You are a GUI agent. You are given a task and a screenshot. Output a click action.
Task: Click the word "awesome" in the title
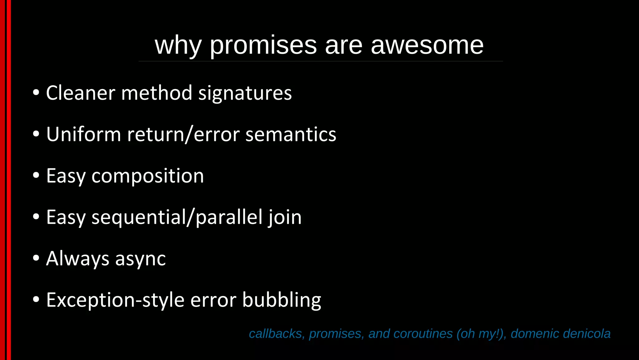pyautogui.click(x=427, y=45)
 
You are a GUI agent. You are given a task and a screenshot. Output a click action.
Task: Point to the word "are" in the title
pyautogui.click(x=344, y=46)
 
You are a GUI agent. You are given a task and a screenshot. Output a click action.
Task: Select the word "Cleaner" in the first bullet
pyautogui.click(x=80, y=93)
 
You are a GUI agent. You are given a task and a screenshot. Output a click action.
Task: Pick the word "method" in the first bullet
pyautogui.click(x=157, y=93)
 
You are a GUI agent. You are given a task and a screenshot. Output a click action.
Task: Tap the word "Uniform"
pyautogui.click(x=83, y=134)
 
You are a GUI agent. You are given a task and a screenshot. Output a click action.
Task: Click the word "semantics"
pyautogui.click(x=291, y=134)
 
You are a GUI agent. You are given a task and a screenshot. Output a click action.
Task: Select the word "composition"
pyautogui.click(x=148, y=176)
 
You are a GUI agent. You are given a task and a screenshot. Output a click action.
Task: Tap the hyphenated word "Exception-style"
pyautogui.click(x=115, y=300)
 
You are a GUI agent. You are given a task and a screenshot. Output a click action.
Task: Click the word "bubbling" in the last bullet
pyautogui.click(x=281, y=300)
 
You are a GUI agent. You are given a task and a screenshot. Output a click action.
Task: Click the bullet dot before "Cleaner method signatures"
pyautogui.click(x=36, y=93)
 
